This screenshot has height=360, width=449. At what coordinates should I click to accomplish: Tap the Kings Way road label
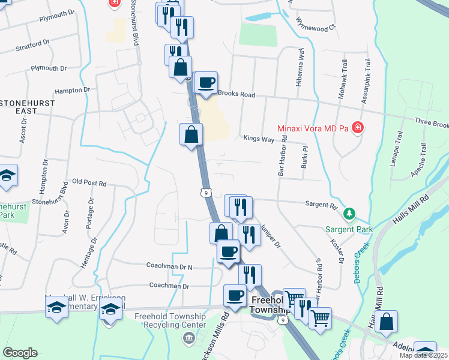[x=259, y=139]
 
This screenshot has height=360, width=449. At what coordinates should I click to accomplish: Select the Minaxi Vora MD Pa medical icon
[x=358, y=127]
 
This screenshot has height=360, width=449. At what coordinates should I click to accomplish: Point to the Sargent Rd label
[x=321, y=205]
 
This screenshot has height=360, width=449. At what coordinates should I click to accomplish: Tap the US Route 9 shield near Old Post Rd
[x=205, y=193]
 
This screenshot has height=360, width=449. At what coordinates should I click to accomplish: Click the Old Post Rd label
[x=89, y=181]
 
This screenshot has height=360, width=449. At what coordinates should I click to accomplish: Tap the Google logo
[x=20, y=353]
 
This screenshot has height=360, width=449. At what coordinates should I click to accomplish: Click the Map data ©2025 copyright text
[x=423, y=355]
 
